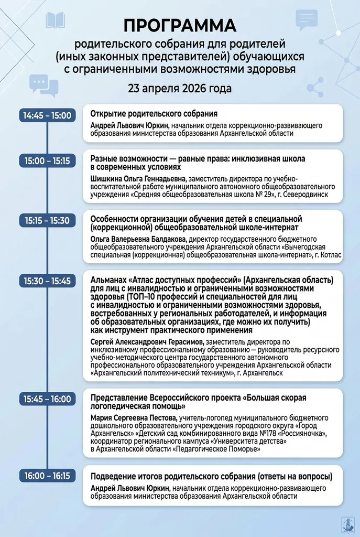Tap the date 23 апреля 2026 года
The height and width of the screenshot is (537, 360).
(180, 88)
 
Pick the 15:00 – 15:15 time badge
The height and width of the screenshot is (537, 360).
(48, 160)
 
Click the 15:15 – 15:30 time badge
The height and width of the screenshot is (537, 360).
(48, 221)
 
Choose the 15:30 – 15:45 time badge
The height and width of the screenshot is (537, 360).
(48, 281)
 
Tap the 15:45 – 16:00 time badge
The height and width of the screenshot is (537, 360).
(48, 399)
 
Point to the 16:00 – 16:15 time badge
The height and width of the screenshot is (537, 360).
(48, 476)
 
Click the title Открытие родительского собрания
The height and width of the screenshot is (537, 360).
(154, 114)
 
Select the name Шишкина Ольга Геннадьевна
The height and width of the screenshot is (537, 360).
(139, 179)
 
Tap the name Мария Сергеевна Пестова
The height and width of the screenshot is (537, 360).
(133, 417)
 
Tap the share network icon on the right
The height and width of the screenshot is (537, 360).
(315, 85)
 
